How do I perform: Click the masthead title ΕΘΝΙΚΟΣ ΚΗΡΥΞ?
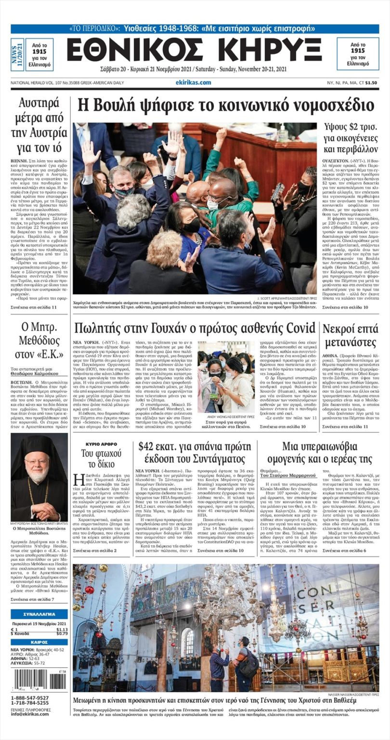(195, 50)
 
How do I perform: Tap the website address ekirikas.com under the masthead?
(193, 82)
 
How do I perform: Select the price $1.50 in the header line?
(371, 83)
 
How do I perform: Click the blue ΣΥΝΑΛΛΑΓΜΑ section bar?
(39, 614)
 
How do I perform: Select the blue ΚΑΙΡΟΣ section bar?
(39, 642)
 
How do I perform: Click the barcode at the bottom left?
(39, 679)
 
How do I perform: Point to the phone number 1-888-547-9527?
(30, 698)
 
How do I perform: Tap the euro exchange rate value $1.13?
(62, 629)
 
